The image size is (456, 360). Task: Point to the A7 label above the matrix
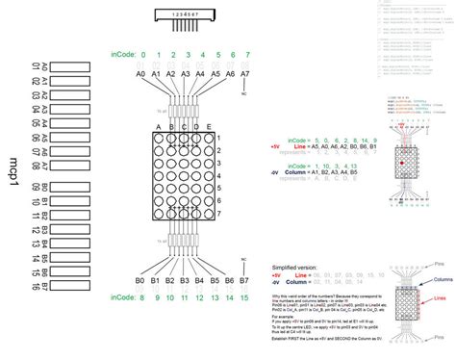(x=244, y=74)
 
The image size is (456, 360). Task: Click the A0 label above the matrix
(x=140, y=74)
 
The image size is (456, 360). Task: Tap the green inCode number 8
(x=140, y=270)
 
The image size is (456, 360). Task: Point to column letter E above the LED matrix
(x=206, y=126)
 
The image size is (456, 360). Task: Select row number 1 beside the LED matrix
(x=219, y=138)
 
